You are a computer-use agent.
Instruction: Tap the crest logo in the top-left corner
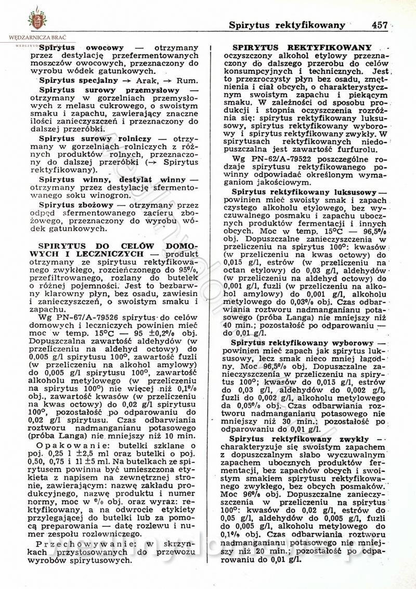tap(37, 19)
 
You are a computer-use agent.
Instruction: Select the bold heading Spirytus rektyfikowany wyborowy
tap(303, 343)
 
